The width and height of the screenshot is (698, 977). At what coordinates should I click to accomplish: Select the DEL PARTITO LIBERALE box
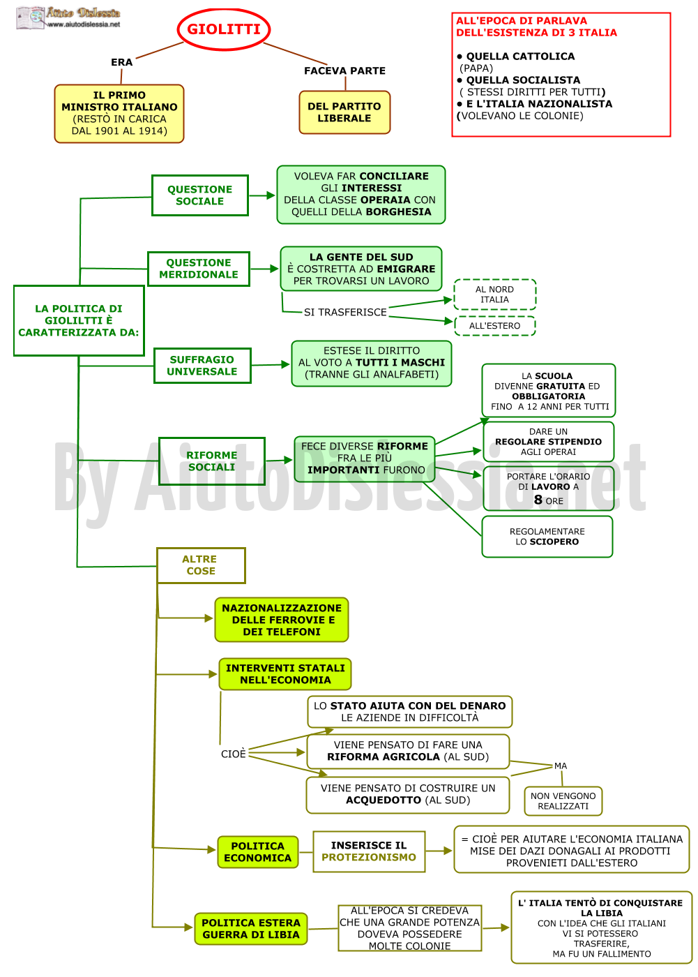344,112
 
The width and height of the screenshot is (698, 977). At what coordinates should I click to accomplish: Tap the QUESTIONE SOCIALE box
200,195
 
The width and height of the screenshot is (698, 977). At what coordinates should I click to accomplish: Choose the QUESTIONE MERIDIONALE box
199,269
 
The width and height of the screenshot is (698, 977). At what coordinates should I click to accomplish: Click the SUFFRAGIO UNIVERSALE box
202,366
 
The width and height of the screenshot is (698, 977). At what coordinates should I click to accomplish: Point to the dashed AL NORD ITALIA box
494,294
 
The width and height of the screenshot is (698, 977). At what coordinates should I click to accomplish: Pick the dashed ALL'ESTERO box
494,326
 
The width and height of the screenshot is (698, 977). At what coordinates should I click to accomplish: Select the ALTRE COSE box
201,565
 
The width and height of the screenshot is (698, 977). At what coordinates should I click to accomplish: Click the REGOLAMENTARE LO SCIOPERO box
547,537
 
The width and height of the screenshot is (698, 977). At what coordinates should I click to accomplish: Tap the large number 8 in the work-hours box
538,500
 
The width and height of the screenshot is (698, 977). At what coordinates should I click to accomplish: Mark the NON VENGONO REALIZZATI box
563,801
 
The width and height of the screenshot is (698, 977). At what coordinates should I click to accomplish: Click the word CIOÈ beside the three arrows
234,754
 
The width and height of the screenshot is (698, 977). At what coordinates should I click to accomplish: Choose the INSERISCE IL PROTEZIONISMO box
369,851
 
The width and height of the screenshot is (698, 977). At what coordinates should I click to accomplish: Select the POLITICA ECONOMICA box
258,852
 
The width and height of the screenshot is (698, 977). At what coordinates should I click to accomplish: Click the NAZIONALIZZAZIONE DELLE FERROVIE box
282,620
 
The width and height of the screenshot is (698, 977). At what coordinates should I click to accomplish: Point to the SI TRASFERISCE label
345,313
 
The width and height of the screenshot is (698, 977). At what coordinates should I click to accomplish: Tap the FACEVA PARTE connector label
344,70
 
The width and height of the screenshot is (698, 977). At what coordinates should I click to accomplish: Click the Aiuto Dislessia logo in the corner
68,18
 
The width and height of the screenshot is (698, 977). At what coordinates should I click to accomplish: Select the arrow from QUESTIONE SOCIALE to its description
262,195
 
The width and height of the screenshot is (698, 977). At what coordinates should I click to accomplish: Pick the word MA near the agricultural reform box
561,766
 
